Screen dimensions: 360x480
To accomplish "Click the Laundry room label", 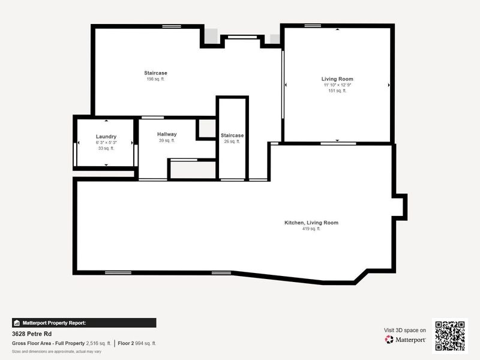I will pos(106,137).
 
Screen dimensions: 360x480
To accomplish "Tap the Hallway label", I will pos(167,134).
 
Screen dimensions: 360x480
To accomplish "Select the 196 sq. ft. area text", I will pos(155,79).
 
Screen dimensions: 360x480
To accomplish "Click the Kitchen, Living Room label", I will pos(311,223).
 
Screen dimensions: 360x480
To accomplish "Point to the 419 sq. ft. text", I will pos(311,229).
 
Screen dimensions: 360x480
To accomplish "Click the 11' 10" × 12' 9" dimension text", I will pos(337,85).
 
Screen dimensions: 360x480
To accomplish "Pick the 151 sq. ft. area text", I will pos(337,91).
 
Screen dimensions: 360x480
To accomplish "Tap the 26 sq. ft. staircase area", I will pos(232,142).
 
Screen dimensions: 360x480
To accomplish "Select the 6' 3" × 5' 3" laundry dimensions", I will pos(106,143).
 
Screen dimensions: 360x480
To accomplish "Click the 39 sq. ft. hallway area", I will pos(167,140).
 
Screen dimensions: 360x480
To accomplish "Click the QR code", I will pos(450,335).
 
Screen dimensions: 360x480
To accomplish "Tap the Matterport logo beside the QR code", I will pos(406,340).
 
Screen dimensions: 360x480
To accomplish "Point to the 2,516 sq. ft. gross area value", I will pos(98,343).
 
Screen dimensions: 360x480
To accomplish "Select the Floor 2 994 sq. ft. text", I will pos(136,343).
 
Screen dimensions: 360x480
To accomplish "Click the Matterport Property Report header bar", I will pos(84,322).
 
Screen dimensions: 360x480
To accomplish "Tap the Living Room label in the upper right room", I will pos(337,79).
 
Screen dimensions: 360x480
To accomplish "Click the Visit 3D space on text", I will pos(405,330).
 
